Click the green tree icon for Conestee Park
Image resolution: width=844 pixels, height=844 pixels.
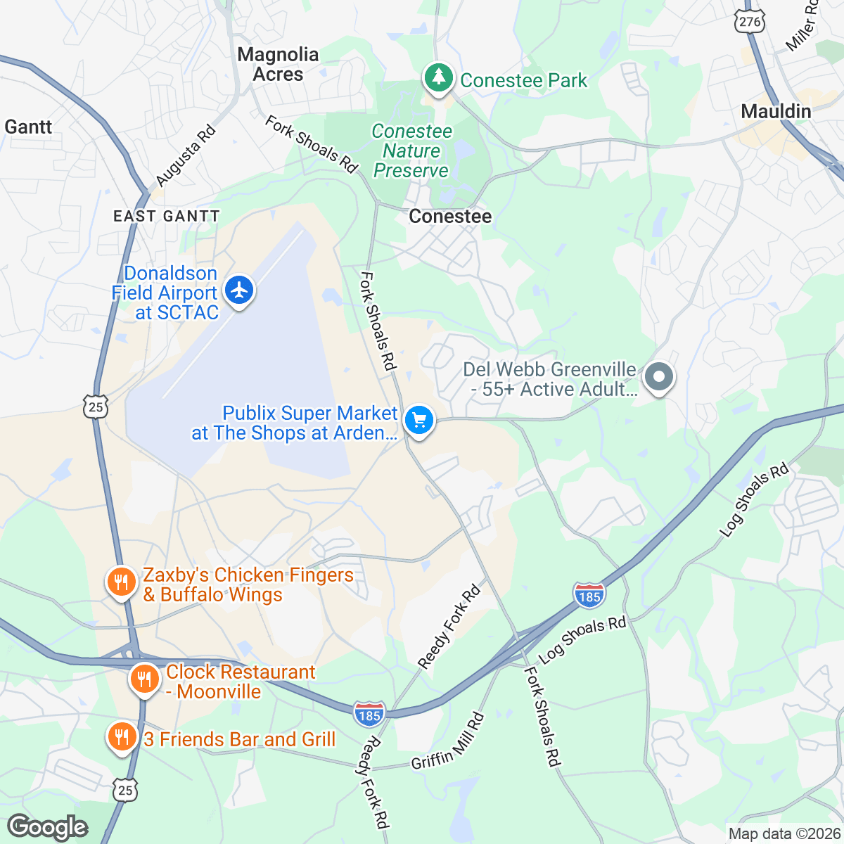(440, 77)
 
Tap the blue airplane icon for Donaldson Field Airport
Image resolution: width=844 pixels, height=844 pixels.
(240, 290)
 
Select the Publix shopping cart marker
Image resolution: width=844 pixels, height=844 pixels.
(419, 421)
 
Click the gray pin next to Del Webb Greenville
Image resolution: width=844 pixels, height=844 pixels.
(659, 378)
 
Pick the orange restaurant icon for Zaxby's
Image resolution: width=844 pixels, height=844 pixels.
(121, 582)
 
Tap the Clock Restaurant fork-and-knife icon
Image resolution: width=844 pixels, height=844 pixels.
(144, 679)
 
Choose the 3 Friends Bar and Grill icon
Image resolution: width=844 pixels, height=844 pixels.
(122, 737)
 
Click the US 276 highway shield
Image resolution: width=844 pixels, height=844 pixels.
(749, 22)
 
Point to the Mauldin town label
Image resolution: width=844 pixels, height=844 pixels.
(776, 111)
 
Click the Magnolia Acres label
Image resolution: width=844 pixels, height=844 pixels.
(278, 64)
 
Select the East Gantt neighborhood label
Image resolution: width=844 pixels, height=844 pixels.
(167, 216)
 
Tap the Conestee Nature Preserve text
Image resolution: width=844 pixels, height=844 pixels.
(411, 151)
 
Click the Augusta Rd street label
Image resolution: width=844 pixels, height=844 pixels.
(186, 155)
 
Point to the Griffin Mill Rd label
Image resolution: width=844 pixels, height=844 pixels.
(448, 742)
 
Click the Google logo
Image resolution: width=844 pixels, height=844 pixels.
(48, 827)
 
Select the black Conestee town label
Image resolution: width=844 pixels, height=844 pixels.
(450, 216)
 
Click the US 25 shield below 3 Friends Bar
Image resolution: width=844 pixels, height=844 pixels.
(124, 790)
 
